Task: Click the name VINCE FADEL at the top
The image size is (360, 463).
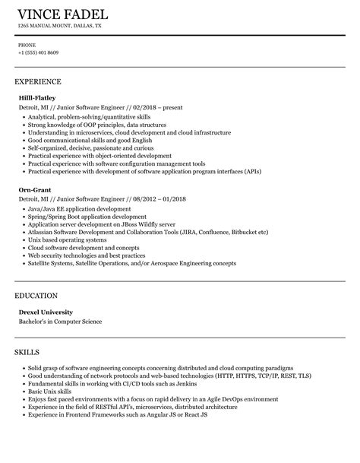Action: tap(62, 14)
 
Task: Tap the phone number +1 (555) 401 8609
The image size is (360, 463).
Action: tap(39, 52)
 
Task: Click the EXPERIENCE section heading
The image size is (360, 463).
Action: tap(38, 81)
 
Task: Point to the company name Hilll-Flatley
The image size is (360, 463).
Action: tap(37, 98)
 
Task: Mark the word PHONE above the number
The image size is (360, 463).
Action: tap(27, 45)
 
